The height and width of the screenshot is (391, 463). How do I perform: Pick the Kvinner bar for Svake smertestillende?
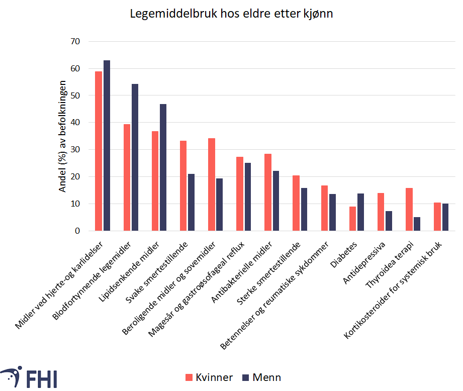pos(183,186)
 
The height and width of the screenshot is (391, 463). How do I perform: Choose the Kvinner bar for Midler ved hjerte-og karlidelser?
pos(99,151)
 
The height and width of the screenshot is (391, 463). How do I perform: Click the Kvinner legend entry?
pos(209,377)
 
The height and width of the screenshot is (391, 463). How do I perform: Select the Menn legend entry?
pos(261,377)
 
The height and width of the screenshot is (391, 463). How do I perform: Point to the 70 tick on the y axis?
pos(75,41)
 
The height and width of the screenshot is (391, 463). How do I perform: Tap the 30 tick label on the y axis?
pos(75,150)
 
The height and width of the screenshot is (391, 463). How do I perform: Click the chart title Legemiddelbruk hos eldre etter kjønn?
pos(231,14)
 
